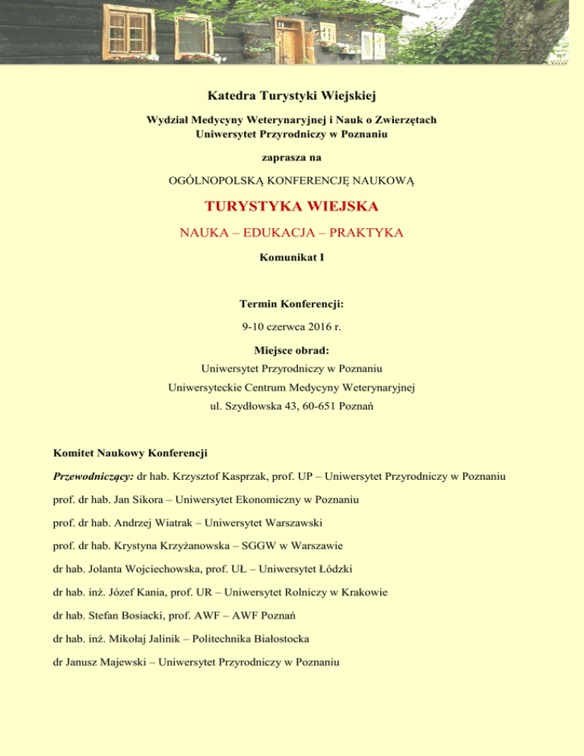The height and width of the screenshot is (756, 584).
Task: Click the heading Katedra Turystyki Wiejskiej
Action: coord(292,96)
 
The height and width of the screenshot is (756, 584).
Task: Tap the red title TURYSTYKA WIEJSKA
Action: coord(292,207)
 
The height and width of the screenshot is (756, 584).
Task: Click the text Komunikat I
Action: coord(292,258)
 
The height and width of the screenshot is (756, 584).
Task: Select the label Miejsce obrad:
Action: coord(292,353)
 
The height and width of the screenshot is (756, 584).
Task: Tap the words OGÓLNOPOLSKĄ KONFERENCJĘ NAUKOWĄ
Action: coord(292,180)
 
